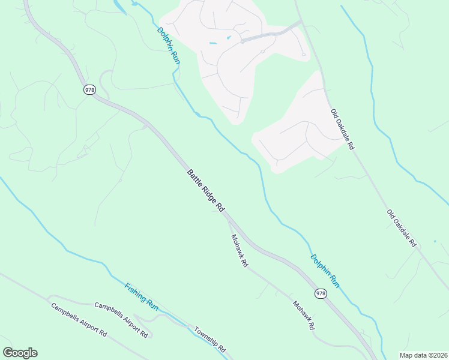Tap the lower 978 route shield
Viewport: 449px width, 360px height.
321,293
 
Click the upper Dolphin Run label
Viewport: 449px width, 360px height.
169,46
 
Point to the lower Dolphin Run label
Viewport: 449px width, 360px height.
325,271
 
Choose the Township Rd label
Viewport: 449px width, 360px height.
209,339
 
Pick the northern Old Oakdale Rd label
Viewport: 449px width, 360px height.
343,129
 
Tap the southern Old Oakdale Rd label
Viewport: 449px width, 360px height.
401,229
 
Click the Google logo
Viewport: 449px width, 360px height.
20,353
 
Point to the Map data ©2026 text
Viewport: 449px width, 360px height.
423,355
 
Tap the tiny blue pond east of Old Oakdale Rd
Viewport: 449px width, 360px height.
435,241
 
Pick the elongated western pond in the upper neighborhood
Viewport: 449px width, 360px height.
213,44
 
